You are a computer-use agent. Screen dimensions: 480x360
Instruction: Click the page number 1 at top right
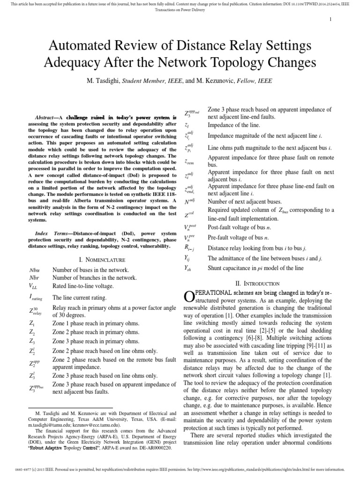click(331, 19)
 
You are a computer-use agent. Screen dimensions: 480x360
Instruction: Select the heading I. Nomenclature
click(102, 259)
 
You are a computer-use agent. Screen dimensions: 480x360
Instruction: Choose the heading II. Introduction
click(259, 283)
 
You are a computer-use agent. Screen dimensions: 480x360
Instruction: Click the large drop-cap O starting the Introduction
click(187, 296)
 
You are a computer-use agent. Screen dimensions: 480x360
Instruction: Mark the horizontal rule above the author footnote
click(71, 407)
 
